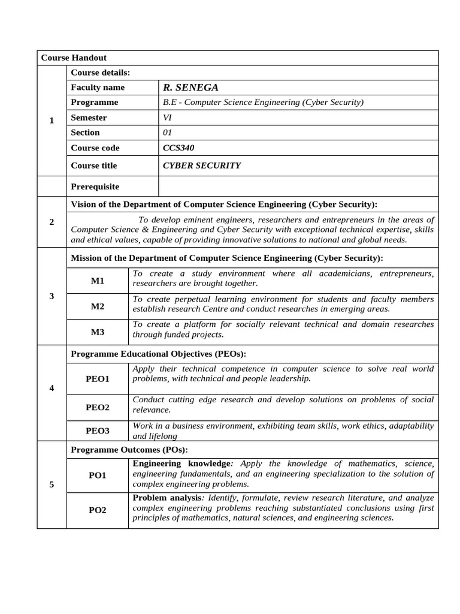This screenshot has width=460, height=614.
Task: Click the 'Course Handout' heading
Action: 74,58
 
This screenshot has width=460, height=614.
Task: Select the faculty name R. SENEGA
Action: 190,88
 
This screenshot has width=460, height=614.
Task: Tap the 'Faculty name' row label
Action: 98,88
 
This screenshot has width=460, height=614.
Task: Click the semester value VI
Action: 167,118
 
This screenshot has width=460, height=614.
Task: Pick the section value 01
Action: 167,133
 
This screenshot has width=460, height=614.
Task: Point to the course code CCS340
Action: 178,148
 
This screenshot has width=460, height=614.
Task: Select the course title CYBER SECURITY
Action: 202,165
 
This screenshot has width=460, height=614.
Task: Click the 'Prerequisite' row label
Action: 95,186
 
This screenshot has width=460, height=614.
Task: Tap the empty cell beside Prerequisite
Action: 298,186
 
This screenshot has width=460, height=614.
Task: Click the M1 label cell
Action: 98,281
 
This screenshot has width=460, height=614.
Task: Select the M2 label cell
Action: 98,306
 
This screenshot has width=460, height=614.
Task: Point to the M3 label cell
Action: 98,332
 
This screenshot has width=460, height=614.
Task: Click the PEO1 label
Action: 98,379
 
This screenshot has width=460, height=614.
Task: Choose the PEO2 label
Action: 98,407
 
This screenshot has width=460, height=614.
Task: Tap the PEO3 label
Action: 98,431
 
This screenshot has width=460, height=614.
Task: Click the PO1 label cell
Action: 98,475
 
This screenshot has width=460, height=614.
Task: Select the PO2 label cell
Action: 98,510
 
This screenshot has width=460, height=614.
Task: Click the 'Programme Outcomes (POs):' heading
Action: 129,450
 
